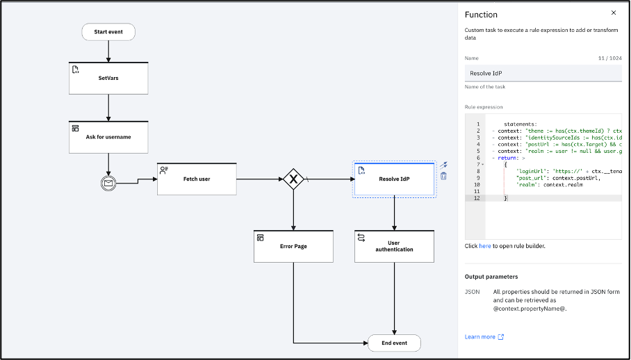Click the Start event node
click(108, 32)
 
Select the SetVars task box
click(108, 78)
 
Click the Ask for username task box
click(108, 137)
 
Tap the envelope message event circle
click(109, 183)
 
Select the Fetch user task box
click(197, 179)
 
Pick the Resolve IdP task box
click(394, 179)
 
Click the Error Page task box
click(293, 246)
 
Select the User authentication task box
click(394, 246)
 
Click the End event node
click(394, 343)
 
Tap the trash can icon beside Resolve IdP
click(443, 177)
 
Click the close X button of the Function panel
click(613, 13)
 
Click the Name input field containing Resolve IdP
click(543, 73)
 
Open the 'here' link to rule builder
click(484, 246)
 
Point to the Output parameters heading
click(491, 277)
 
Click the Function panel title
click(481, 14)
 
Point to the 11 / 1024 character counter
click(609, 58)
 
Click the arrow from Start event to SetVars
click(108, 51)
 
